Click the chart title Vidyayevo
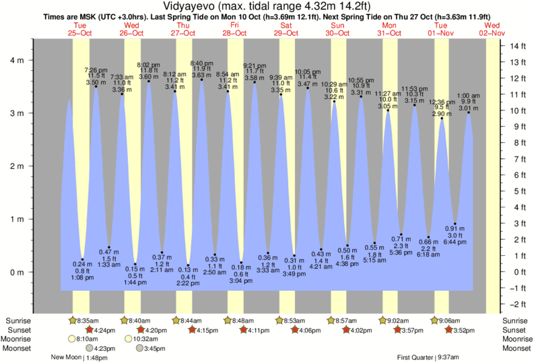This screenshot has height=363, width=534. point(267,6)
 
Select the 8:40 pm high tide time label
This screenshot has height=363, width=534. point(202,63)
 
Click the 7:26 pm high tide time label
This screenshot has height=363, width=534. point(96,70)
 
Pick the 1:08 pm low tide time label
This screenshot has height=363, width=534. point(82,277)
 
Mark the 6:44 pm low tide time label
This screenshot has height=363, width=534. point(456,241)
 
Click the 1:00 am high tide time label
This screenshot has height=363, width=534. point(469,95)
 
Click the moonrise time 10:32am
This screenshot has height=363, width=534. point(145,339)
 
